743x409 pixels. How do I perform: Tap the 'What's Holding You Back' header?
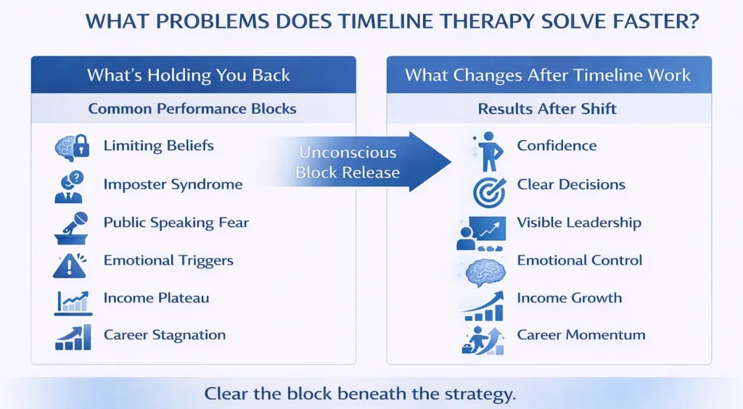(189, 75)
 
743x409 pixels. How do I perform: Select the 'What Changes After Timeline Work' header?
(548, 75)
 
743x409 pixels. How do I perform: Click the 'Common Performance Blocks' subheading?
(192, 109)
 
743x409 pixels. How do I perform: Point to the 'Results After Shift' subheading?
(547, 109)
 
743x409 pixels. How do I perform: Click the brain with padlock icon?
(71, 147)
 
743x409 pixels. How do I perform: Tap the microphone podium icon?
(71, 226)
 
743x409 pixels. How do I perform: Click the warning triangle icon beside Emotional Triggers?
(70, 264)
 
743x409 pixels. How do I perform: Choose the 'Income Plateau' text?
(156, 297)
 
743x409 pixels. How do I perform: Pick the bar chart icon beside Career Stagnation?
(73, 337)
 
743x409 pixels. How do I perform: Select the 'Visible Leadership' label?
(579, 223)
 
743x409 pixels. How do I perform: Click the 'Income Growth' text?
(569, 297)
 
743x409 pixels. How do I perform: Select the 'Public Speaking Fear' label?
(176, 222)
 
